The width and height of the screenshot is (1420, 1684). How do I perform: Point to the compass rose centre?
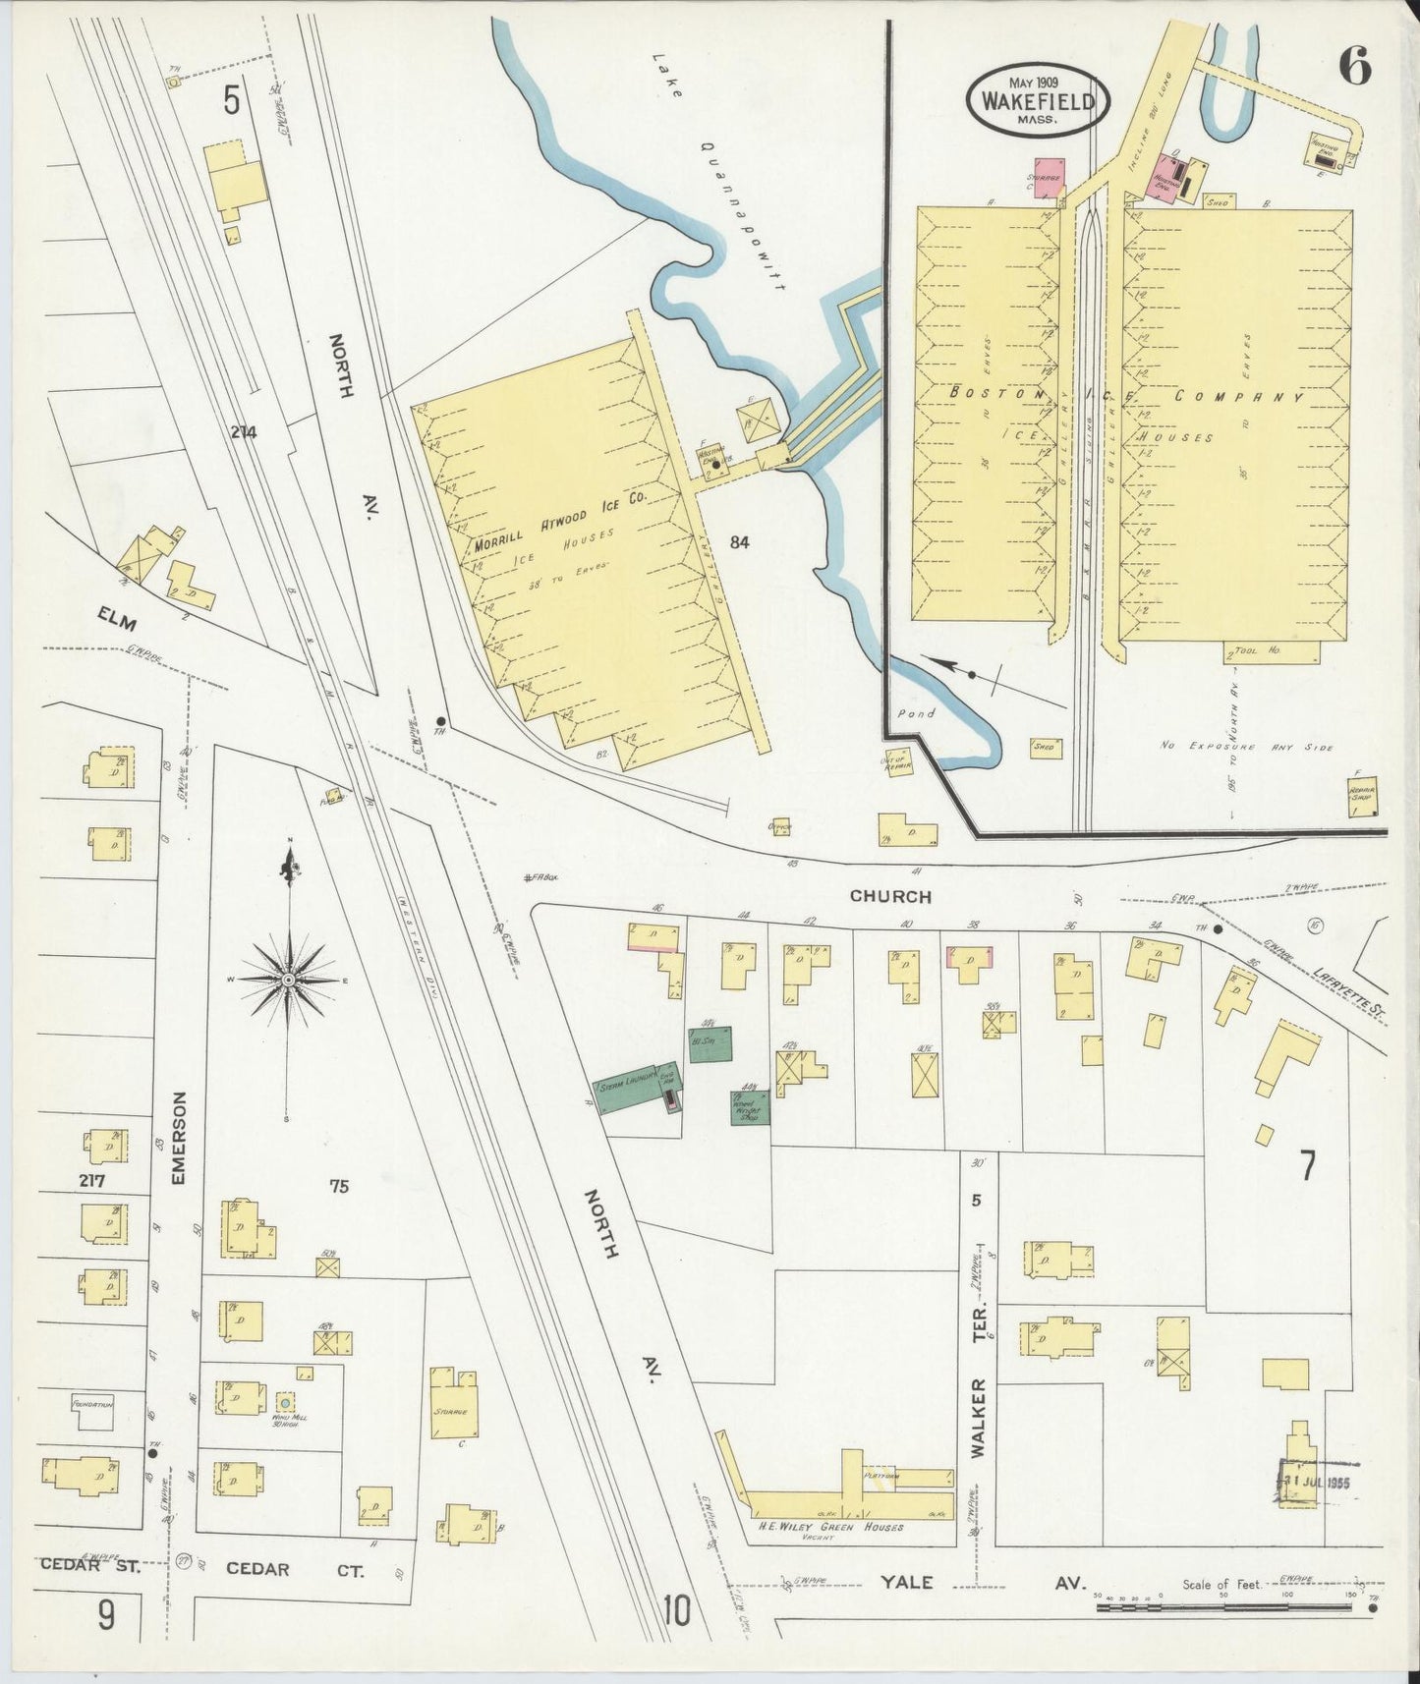(x=288, y=980)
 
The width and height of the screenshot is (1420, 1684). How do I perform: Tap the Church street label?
(x=890, y=896)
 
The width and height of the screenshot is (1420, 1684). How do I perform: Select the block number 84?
(x=739, y=541)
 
